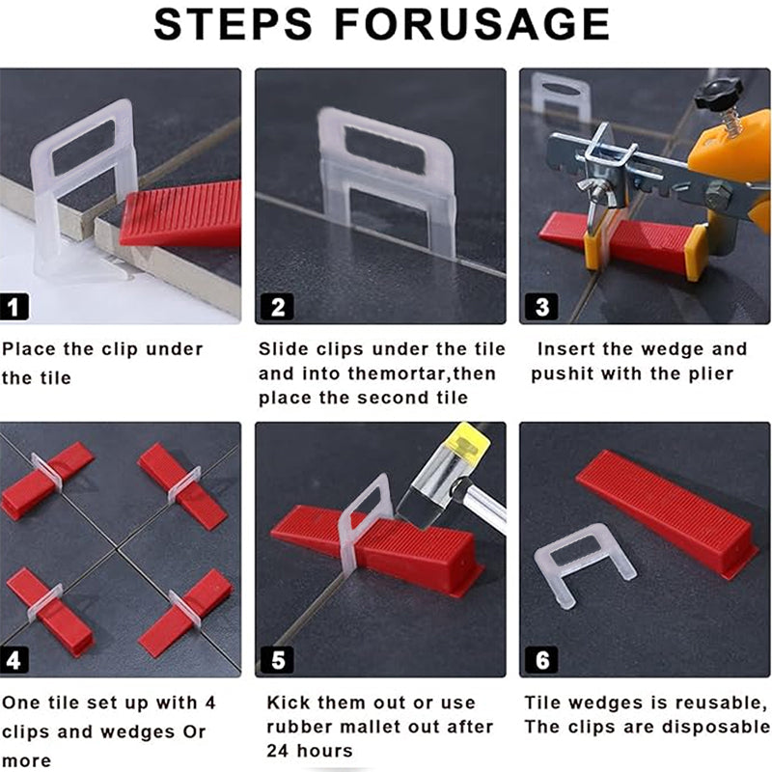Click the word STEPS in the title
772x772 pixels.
[x=233, y=24]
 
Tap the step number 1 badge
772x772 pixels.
[x=14, y=307]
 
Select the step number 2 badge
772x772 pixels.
[x=278, y=307]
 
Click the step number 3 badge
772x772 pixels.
[x=542, y=307]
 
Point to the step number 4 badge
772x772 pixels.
[x=14, y=660]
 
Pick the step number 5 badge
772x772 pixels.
[x=278, y=660]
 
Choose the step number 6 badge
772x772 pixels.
[x=542, y=660]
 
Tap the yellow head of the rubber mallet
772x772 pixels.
[x=467, y=442]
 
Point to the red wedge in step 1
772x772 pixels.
[x=180, y=213]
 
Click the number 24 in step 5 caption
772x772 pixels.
[x=278, y=751]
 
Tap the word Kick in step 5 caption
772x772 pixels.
[x=287, y=703]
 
